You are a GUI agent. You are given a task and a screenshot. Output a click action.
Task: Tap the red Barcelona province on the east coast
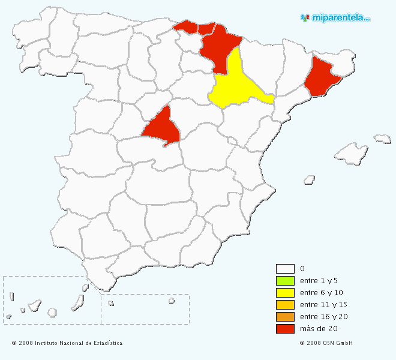tap(321, 77)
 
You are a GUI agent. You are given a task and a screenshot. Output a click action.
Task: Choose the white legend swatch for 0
tap(285, 269)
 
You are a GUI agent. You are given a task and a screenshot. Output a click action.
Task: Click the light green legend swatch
tap(285, 281)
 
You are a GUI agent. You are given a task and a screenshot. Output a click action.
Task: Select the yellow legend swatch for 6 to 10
tap(285, 293)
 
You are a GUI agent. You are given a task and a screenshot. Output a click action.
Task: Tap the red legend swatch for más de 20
tap(285, 329)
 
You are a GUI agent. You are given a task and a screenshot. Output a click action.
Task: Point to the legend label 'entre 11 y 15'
tap(323, 305)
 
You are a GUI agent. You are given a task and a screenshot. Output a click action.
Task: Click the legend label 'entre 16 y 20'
tap(323, 317)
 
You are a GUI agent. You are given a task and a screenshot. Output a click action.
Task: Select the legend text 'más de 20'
tap(317, 329)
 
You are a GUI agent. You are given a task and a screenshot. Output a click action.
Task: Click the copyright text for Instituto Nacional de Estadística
tap(67, 343)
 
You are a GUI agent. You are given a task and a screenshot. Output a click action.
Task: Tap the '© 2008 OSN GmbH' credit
tap(326, 343)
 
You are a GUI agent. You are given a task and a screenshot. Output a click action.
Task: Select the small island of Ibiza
tap(310, 179)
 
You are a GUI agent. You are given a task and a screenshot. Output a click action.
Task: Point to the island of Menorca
tap(382, 139)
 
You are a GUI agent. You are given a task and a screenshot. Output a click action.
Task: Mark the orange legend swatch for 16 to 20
tap(285, 317)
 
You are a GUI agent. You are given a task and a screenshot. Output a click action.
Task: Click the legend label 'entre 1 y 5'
tap(320, 281)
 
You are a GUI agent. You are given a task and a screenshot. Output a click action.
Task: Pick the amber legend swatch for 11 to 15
tap(285, 305)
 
